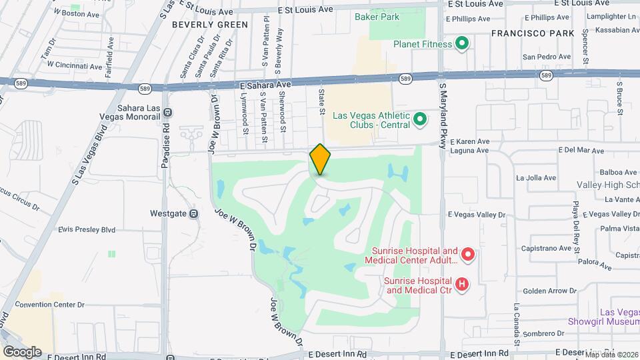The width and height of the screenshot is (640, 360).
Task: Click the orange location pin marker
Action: click(320, 159)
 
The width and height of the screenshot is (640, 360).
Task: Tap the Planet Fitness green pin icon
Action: click(461, 45)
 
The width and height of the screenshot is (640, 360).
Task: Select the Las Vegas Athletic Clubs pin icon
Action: click(419, 119)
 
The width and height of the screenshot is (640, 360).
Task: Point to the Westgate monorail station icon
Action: click(193, 214)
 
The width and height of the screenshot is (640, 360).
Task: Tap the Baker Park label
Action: click(377, 17)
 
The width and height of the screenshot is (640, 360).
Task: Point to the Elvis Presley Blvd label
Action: click(87, 229)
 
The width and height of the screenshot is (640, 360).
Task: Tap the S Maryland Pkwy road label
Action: click(441, 110)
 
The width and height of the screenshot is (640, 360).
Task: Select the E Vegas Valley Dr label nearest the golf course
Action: click(477, 215)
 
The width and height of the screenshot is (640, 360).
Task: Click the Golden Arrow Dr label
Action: click(549, 291)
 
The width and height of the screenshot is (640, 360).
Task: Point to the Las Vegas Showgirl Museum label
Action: click(604, 317)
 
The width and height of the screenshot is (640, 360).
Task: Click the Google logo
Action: click(22, 351)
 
